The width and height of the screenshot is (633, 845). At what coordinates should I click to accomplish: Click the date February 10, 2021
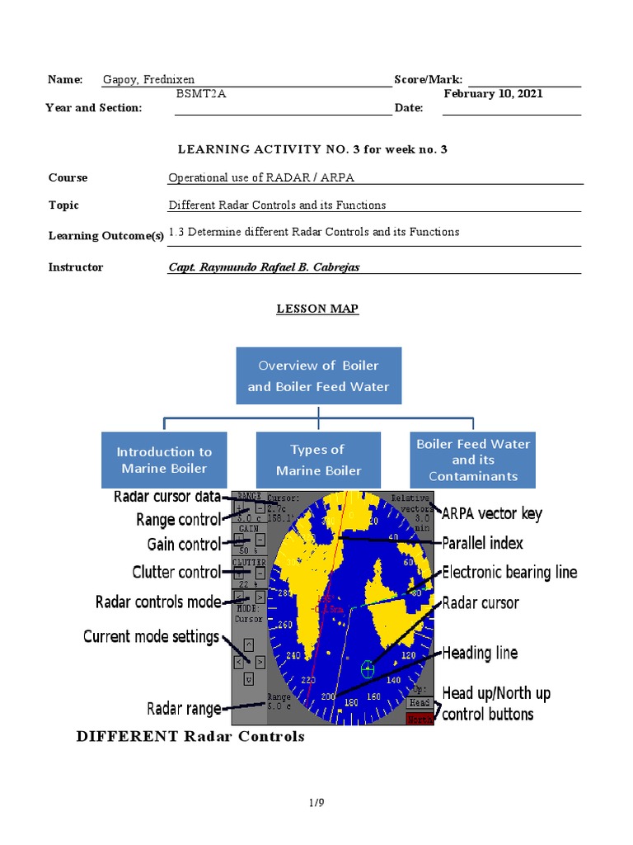493,94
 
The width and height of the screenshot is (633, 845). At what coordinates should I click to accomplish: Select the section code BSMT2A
201,94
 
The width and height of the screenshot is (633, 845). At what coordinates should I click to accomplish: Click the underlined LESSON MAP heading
317,309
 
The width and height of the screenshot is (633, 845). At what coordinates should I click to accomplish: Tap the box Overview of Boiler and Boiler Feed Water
318,375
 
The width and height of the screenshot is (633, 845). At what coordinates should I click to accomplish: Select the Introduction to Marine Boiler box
164,460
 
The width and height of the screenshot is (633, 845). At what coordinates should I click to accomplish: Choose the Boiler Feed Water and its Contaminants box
472,460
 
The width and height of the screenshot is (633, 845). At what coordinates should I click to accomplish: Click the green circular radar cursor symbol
368,669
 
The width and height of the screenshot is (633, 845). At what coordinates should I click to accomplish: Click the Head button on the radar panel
420,702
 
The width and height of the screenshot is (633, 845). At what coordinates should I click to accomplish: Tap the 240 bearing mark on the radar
293,656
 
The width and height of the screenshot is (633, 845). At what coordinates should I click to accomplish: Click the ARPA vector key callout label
492,514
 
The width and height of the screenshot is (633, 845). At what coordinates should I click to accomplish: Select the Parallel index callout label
482,543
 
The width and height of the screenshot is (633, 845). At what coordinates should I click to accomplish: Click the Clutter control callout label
176,572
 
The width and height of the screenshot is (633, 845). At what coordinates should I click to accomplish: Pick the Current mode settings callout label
151,636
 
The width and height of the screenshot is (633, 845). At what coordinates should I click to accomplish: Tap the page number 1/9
316,801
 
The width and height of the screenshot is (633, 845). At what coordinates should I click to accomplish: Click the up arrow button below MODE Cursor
248,644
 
